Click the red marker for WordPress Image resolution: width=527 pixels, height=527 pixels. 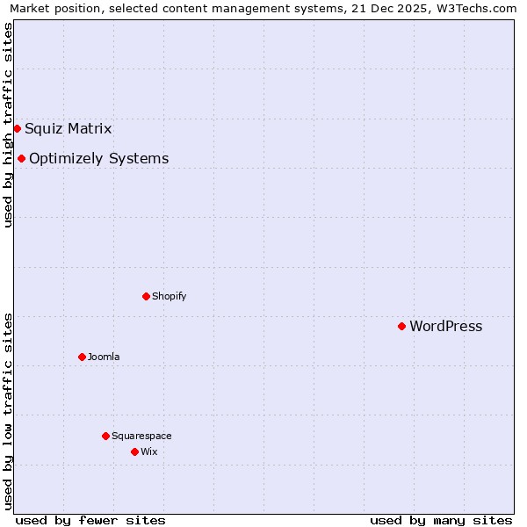[401, 326]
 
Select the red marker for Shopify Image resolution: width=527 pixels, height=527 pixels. [146, 296]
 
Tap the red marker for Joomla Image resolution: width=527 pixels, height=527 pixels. [82, 357]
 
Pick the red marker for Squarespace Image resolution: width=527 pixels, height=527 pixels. [105, 436]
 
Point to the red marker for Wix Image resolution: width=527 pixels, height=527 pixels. [134, 451]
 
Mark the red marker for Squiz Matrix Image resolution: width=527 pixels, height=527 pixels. [17, 128]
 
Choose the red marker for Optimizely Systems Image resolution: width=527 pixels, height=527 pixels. [21, 158]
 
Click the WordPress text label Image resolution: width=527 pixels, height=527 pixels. [445, 327]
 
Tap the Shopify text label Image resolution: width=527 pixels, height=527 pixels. [169, 296]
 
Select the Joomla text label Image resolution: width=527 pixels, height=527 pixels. [104, 357]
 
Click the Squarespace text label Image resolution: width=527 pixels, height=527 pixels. [141, 436]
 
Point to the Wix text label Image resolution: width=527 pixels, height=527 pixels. [148, 451]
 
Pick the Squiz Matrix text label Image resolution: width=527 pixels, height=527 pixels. [68, 129]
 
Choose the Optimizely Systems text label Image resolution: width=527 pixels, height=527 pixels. [98, 159]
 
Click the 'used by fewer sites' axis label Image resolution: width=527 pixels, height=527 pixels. [90, 520]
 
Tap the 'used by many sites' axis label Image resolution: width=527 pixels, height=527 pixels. [441, 520]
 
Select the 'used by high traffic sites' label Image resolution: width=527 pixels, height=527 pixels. [8, 125]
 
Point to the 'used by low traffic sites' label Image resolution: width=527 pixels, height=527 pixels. [8, 410]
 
